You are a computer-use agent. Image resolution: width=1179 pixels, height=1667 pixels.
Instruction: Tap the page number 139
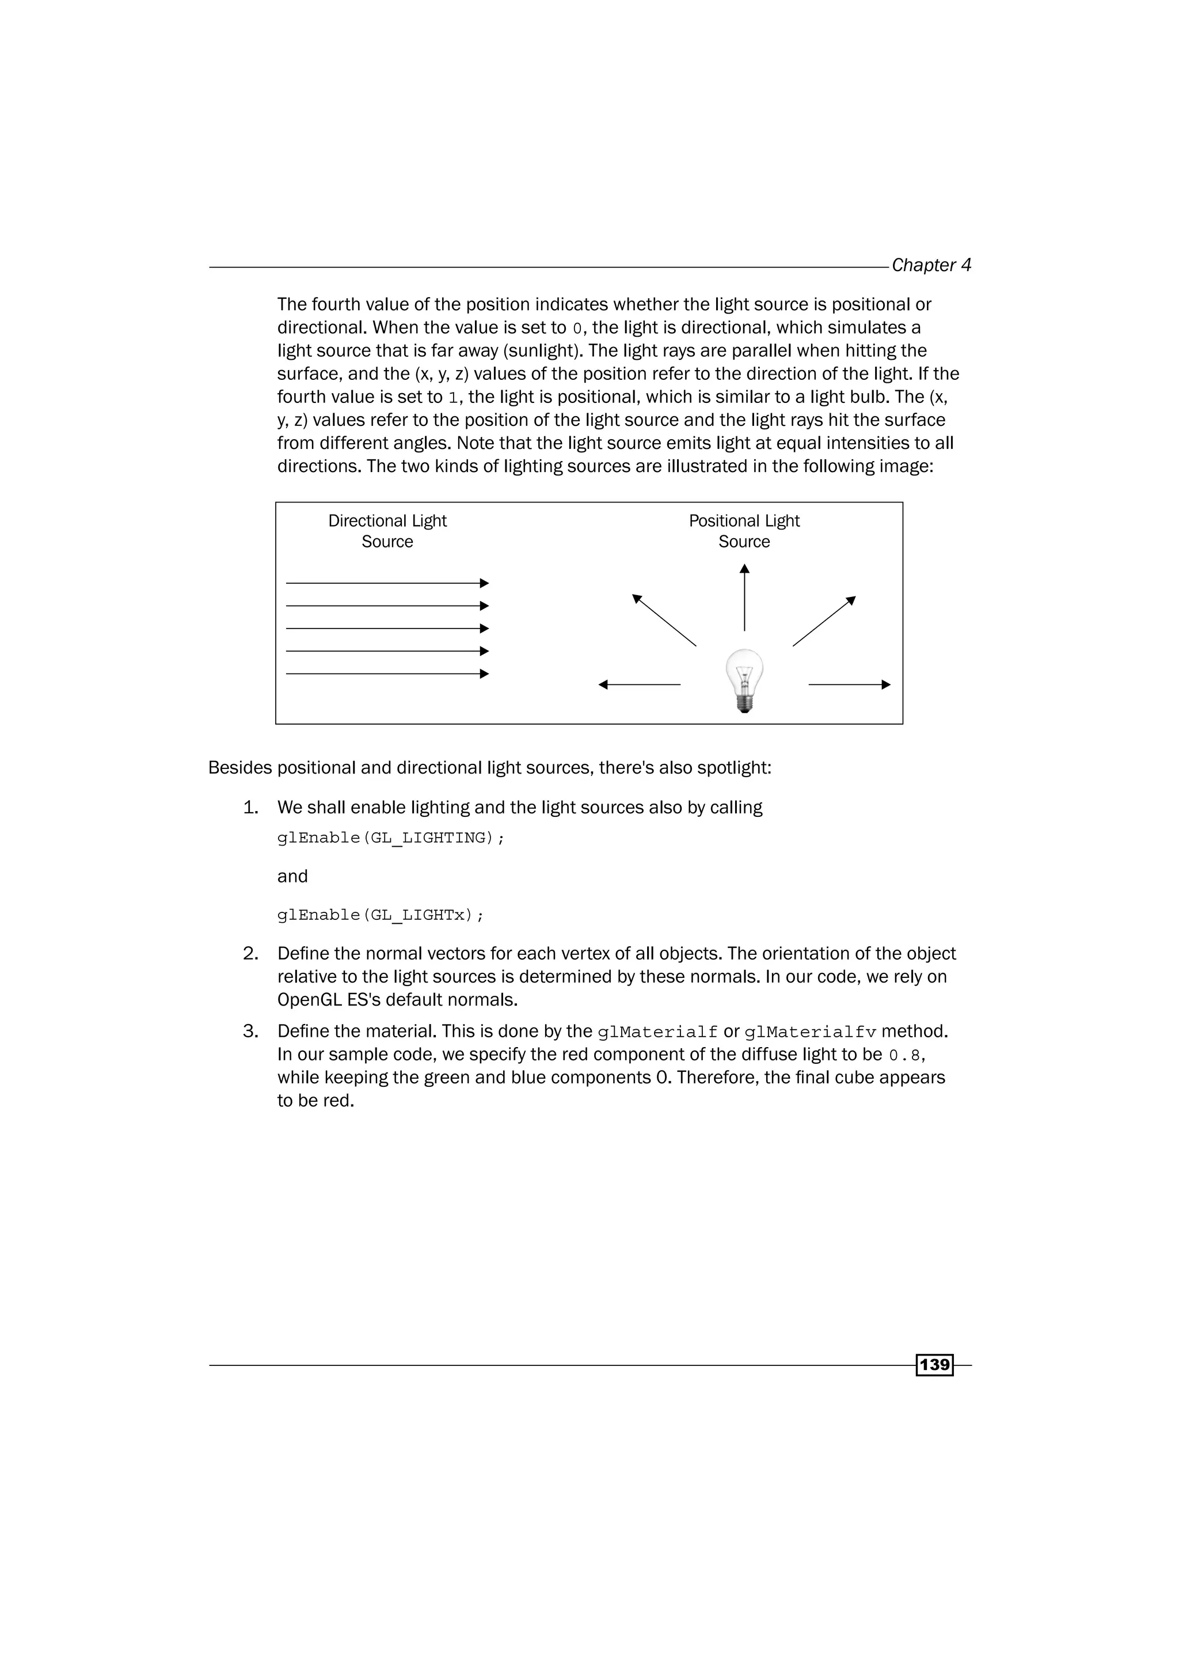tap(934, 1364)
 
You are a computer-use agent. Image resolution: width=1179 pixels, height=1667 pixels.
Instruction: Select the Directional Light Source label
tap(387, 531)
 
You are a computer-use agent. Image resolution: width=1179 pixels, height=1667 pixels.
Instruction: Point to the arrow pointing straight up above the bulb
tap(744, 597)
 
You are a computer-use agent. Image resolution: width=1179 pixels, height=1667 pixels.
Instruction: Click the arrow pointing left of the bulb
tap(639, 684)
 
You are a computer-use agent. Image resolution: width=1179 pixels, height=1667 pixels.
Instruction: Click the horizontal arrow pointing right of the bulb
tap(849, 684)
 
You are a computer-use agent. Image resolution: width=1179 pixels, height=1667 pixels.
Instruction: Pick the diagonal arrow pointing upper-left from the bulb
tap(664, 620)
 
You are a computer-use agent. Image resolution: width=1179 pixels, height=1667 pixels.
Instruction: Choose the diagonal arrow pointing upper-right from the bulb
tap(824, 621)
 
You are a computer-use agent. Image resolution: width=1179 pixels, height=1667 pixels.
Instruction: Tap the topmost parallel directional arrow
tap(387, 583)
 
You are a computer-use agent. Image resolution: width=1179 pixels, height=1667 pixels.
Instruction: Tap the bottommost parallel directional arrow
tap(387, 674)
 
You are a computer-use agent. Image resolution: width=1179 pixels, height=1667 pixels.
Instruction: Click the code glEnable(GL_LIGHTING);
tap(390, 838)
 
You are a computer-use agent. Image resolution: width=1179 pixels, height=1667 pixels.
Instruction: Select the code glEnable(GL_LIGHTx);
tap(381, 915)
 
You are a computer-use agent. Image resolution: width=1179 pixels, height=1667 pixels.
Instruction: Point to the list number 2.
tap(250, 953)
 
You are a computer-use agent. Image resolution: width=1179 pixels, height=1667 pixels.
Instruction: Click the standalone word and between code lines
tap(292, 876)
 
